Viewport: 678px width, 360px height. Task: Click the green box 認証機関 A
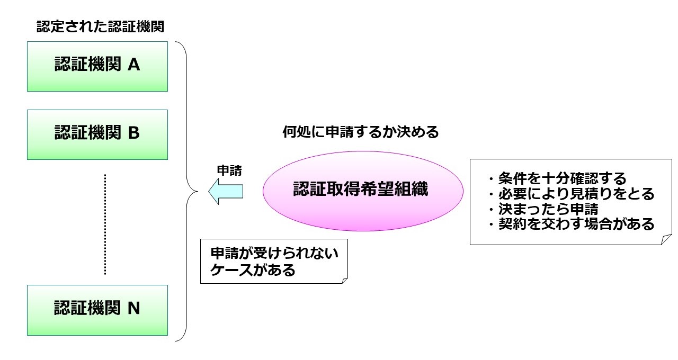[97, 66]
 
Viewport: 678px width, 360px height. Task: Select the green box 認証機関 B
[97, 134]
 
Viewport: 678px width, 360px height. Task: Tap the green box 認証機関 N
[97, 310]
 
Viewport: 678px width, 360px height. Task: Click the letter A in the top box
[134, 65]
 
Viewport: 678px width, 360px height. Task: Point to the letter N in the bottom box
[134, 308]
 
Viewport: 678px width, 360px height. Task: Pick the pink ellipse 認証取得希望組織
[363, 191]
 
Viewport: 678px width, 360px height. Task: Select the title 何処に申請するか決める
[361, 132]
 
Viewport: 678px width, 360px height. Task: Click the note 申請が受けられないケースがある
[274, 261]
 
